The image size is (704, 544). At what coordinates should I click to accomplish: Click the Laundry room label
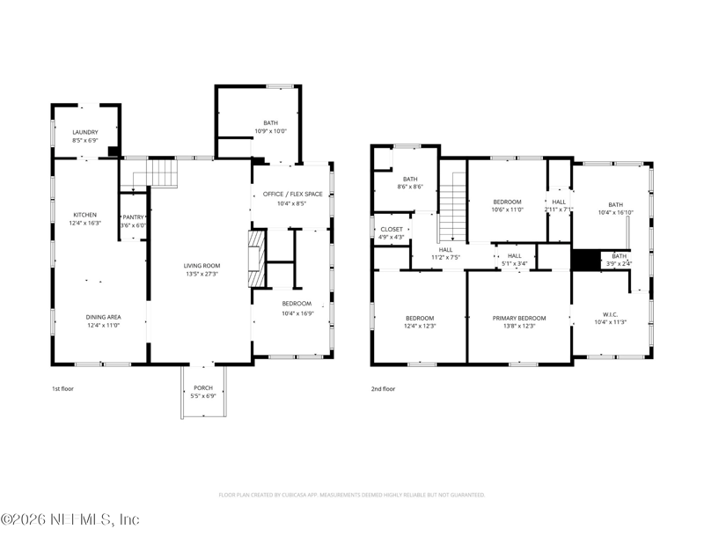pos(84,132)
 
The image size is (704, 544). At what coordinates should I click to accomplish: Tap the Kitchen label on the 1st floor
pos(84,215)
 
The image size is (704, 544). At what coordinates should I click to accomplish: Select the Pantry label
pos(132,217)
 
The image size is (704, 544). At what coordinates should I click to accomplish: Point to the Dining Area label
pos(103,318)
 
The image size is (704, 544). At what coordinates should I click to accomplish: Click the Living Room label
pos(202,266)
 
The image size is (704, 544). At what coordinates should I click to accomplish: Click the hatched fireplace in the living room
pos(255,259)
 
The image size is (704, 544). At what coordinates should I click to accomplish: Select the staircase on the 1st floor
pos(162,173)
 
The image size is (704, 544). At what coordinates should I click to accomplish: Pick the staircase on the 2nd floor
pos(453,207)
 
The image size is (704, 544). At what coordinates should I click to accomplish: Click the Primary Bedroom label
pos(518,318)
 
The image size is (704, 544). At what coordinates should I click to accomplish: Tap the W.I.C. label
pos(611,313)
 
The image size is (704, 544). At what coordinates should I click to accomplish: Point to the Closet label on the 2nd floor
pos(392,229)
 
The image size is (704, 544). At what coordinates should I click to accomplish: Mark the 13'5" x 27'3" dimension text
pos(202,274)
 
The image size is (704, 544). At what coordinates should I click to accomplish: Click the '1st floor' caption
pos(62,388)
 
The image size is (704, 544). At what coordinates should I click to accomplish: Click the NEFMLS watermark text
pos(70,520)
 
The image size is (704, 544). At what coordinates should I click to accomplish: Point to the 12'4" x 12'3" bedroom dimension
pos(420,326)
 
